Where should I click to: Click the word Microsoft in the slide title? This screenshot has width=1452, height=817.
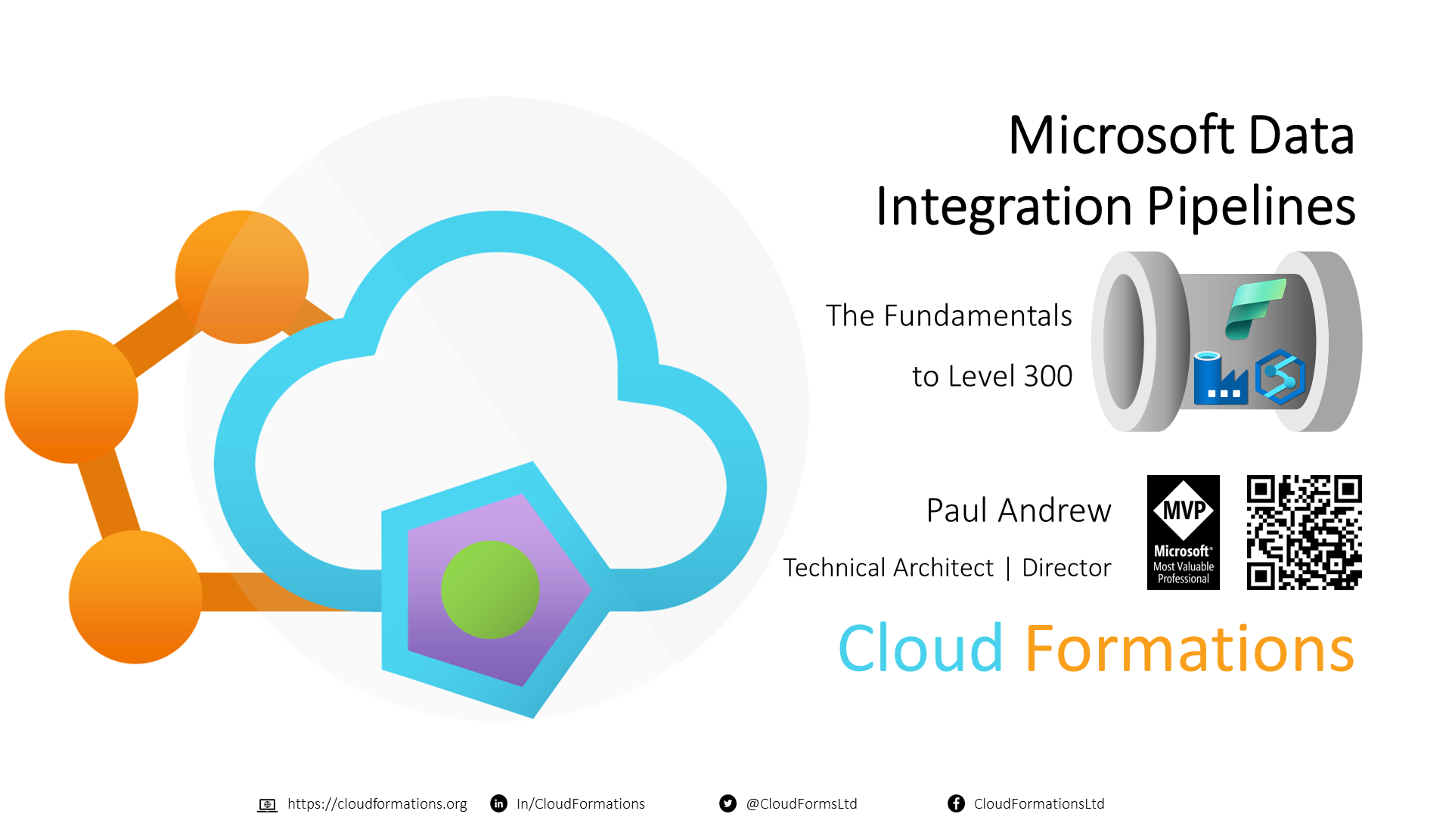1122,135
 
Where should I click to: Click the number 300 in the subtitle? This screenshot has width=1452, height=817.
1047,376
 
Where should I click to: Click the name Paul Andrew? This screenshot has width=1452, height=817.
1019,511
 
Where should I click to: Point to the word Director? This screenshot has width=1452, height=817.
1066,567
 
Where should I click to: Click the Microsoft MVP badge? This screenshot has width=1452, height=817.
1184,533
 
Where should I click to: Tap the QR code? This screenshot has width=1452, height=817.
1305,533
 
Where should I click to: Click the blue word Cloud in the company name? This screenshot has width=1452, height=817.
921,648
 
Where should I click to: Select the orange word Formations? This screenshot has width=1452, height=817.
1190,648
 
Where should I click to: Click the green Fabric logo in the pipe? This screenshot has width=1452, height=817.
1255,309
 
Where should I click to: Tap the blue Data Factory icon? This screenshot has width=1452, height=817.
1220,377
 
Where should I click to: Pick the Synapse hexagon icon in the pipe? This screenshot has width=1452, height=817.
1280,377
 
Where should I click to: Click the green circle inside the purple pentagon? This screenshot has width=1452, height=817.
490,589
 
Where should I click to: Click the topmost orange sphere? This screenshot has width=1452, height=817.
242,277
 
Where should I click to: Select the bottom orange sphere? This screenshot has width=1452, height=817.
135,597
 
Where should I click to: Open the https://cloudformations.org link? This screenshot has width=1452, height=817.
377,803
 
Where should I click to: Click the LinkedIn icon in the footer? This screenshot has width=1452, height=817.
499,803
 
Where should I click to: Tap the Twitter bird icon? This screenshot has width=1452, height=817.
728,803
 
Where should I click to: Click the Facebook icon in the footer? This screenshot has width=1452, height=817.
956,803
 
